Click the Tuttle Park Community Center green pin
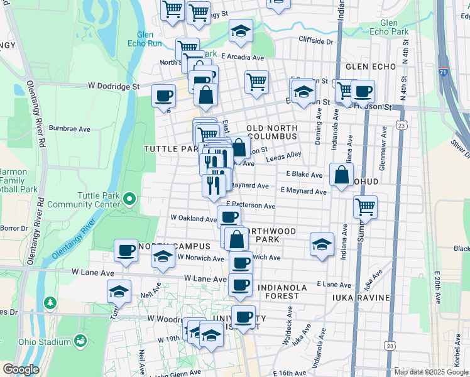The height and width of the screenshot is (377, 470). click(x=129, y=200)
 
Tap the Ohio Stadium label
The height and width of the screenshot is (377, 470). click(x=44, y=342)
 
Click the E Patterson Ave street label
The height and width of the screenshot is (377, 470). click(x=251, y=205)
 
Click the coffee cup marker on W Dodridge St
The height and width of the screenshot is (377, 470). click(x=164, y=96)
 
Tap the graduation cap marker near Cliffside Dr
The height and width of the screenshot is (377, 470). click(x=241, y=30)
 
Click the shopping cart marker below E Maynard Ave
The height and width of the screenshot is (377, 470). click(x=365, y=205)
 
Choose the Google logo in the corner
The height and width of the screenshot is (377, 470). click(x=20, y=369)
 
